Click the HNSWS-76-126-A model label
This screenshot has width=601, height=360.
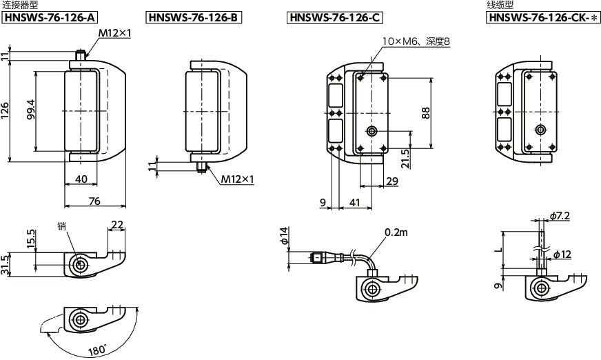click(x=50, y=18)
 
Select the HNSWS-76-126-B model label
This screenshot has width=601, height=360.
click(x=194, y=18)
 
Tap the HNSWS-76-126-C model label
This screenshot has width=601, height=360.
click(x=335, y=18)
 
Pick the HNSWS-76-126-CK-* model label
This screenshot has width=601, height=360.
click(x=544, y=18)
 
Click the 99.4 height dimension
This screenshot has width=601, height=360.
click(x=30, y=110)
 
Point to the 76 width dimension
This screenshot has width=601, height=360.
click(x=94, y=201)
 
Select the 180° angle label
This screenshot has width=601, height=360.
click(x=97, y=350)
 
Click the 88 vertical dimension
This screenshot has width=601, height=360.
click(x=425, y=112)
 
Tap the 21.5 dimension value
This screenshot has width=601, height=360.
click(x=405, y=159)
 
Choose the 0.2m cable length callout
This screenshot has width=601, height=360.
click(x=396, y=232)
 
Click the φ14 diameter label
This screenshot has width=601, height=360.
click(x=283, y=236)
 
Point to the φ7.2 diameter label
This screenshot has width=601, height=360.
click(x=560, y=217)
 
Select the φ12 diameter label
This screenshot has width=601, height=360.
click(x=562, y=254)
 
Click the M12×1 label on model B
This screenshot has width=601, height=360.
click(x=237, y=179)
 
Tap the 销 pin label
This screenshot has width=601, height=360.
click(x=62, y=226)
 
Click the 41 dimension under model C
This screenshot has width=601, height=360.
click(x=355, y=202)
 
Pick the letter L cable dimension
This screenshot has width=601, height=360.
click(x=498, y=250)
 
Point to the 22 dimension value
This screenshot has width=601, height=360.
click(x=117, y=224)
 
